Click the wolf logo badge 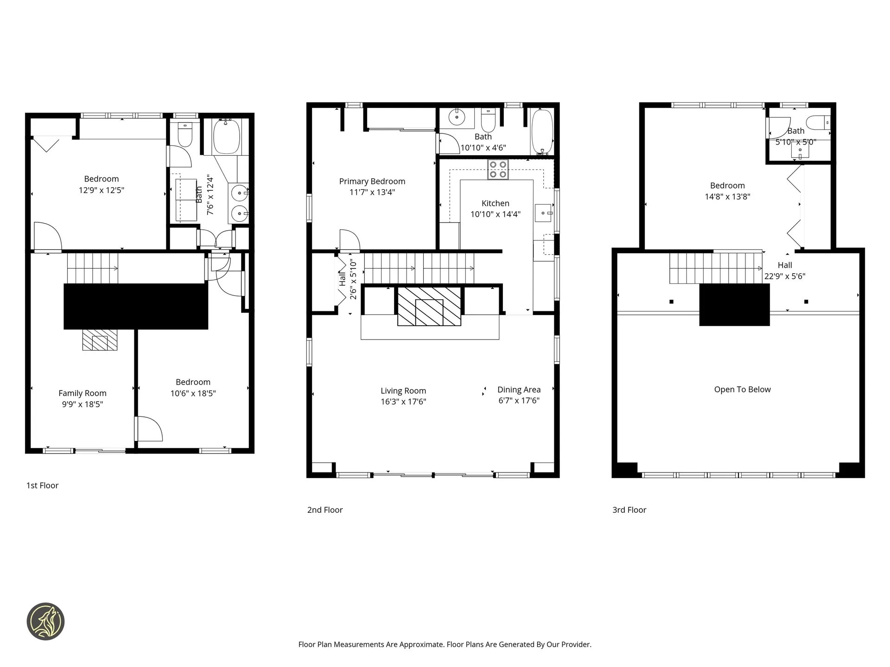pos(45,621)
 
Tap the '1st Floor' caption pos(42,485)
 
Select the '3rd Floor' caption pos(629,510)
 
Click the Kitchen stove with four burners pos(498,169)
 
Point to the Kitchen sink pos(543,213)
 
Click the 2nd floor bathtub pos(542,132)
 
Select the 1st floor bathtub pos(226,137)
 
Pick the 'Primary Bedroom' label pos(372,182)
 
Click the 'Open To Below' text pos(742,390)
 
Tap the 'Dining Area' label pos(519,390)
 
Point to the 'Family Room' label pos(83,393)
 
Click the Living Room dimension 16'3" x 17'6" pos(403,402)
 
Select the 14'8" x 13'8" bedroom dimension pos(727,196)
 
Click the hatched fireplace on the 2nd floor pos(429,306)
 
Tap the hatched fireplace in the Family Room pos(100,340)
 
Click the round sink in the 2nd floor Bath pos(457,118)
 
